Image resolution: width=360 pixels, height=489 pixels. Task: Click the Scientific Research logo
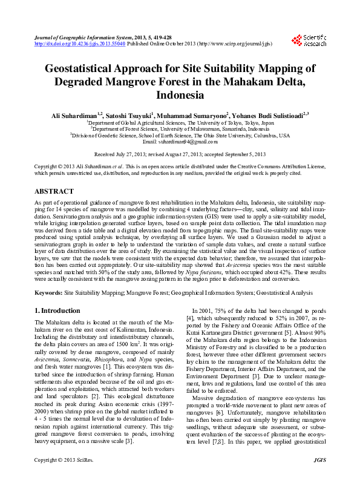click(310, 40)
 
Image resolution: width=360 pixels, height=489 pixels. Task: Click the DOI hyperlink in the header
click(80, 44)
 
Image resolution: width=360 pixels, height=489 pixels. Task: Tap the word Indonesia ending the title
click(180, 95)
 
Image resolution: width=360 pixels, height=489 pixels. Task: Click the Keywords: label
click(48, 292)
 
